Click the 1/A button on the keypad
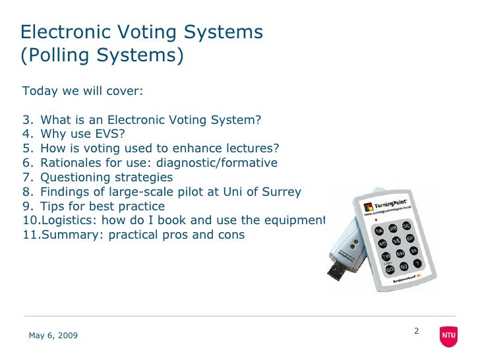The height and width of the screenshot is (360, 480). [379, 231]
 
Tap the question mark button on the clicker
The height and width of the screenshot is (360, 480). [417, 263]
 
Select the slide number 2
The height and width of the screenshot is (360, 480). [417, 330]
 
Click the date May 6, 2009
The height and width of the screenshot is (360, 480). [53, 336]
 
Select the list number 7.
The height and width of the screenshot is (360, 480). [26, 177]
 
